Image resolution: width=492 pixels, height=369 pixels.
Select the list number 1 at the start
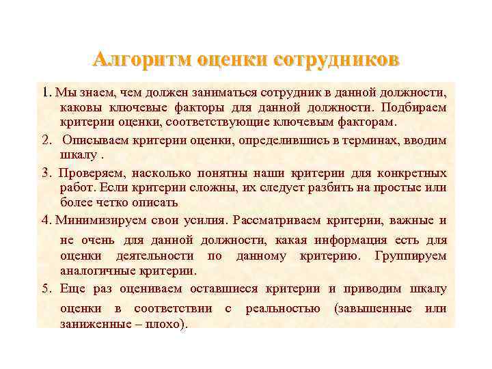point(45,92)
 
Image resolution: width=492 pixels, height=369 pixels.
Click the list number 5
point(45,288)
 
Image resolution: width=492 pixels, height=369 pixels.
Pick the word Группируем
point(411,256)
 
